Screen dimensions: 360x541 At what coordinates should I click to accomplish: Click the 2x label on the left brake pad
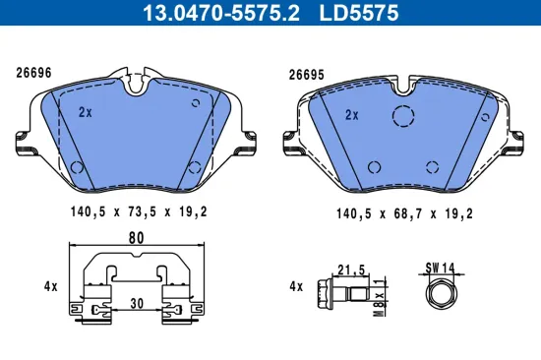(x=85, y=112)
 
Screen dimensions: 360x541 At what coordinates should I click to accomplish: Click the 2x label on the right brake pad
(x=352, y=114)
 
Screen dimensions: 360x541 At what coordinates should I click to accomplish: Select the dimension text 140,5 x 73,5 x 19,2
(x=139, y=210)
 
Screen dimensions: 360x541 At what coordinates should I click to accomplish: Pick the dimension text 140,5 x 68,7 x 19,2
(x=404, y=210)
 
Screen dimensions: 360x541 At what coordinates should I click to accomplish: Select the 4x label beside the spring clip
(x=49, y=287)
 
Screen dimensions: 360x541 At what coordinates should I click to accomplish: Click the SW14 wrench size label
(x=438, y=267)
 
